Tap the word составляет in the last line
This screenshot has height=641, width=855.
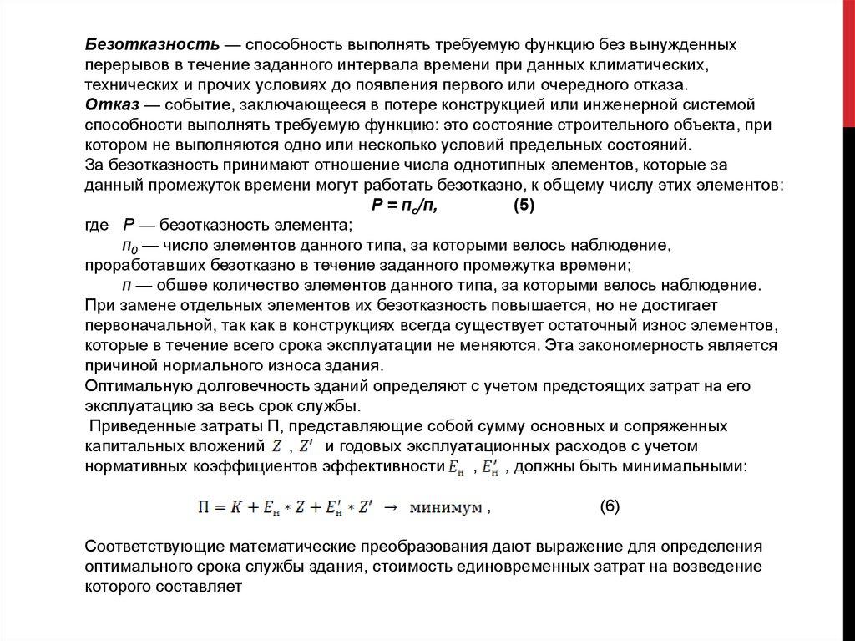pyautogui.click(x=205, y=587)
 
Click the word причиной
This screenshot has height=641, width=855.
pyautogui.click(x=119, y=366)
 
